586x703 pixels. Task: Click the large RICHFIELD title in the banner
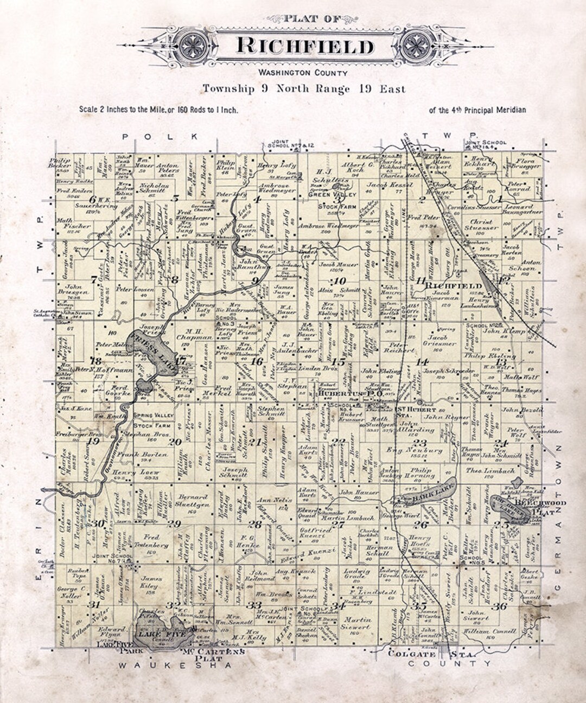pos(305,46)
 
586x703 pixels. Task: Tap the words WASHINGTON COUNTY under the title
pos(303,73)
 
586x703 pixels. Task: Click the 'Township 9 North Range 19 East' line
pos(304,88)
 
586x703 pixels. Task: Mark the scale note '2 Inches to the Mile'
pos(158,110)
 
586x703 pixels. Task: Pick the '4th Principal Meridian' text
pos(477,110)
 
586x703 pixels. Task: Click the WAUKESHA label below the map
pos(175,665)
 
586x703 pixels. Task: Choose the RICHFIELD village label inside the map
pos(454,285)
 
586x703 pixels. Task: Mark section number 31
pos(95,604)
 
